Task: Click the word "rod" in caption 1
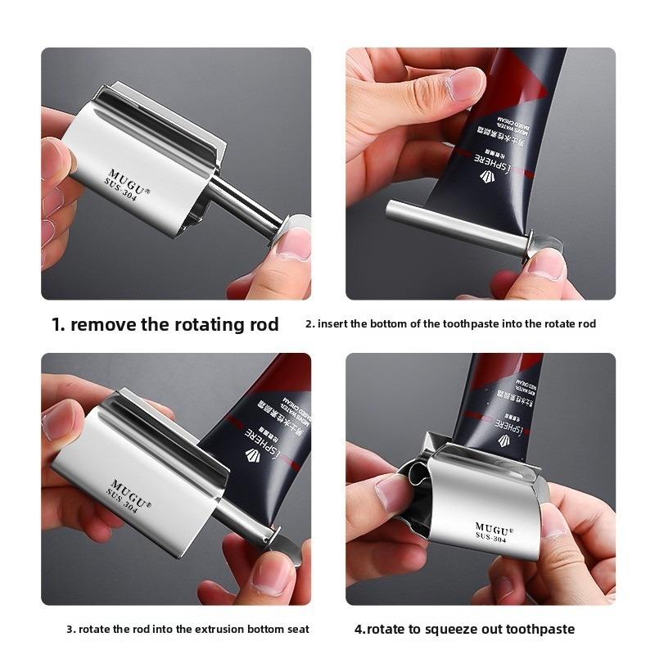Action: (261, 324)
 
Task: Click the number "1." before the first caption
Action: (59, 324)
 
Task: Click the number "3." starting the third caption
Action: (70, 630)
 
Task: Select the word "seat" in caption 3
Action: (298, 630)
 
